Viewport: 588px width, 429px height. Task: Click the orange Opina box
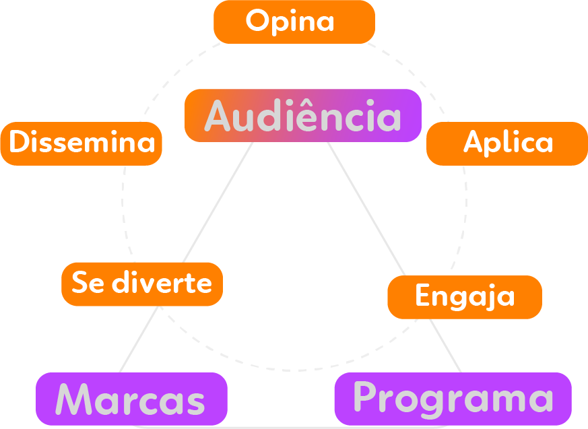294,22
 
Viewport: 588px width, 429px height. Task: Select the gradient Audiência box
302,115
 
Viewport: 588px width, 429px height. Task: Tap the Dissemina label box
81,143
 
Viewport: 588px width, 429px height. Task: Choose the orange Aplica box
507,143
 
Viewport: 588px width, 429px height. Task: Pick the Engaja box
464,297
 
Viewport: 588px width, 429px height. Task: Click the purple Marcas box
131,399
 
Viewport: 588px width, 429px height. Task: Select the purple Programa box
453,399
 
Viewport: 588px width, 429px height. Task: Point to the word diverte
162,283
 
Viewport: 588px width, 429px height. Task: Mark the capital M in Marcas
73,399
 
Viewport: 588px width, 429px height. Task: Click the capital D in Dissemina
19,143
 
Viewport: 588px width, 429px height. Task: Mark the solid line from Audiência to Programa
367,209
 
